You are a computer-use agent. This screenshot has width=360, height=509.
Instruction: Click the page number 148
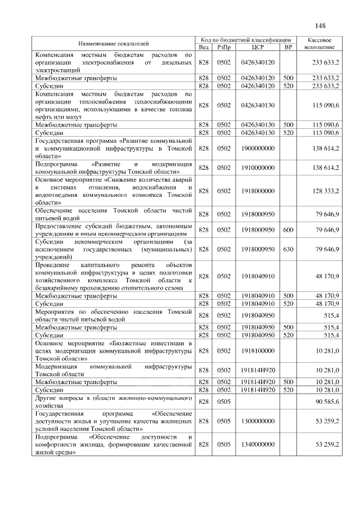pyautogui.click(x=321, y=25)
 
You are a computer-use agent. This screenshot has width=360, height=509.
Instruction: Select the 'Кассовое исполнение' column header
pyautogui.click(x=320, y=43)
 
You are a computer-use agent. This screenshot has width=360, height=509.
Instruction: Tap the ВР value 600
pyautogui.click(x=288, y=229)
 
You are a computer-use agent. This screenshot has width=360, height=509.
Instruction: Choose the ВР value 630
pyautogui.click(x=288, y=249)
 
